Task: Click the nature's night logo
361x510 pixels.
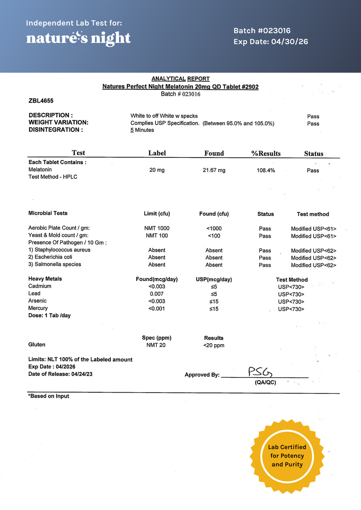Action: pyautogui.click(x=79, y=38)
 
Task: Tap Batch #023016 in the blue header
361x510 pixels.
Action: pyautogui.click(x=262, y=31)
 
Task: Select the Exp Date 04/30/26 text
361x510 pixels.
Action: pyautogui.click(x=271, y=42)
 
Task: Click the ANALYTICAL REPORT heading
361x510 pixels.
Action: pyautogui.click(x=180, y=79)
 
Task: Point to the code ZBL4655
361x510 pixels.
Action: pyautogui.click(x=41, y=101)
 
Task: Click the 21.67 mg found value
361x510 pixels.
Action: pyautogui.click(x=214, y=170)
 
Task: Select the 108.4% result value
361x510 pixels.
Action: pyautogui.click(x=266, y=170)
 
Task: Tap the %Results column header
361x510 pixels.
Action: pyautogui.click(x=266, y=153)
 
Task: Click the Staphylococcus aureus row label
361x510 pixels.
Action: pyautogui.click(x=59, y=250)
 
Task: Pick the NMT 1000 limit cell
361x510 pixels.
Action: pyautogui.click(x=156, y=228)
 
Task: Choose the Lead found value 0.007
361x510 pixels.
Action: pyautogui.click(x=156, y=294)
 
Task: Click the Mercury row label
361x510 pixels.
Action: pyautogui.click(x=38, y=308)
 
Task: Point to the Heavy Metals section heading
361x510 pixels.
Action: pyautogui.click(x=45, y=279)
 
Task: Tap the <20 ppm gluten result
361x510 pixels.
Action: pyautogui.click(x=214, y=345)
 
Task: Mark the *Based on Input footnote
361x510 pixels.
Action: pyautogui.click(x=49, y=396)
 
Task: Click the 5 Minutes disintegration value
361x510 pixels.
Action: pyautogui.click(x=142, y=130)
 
